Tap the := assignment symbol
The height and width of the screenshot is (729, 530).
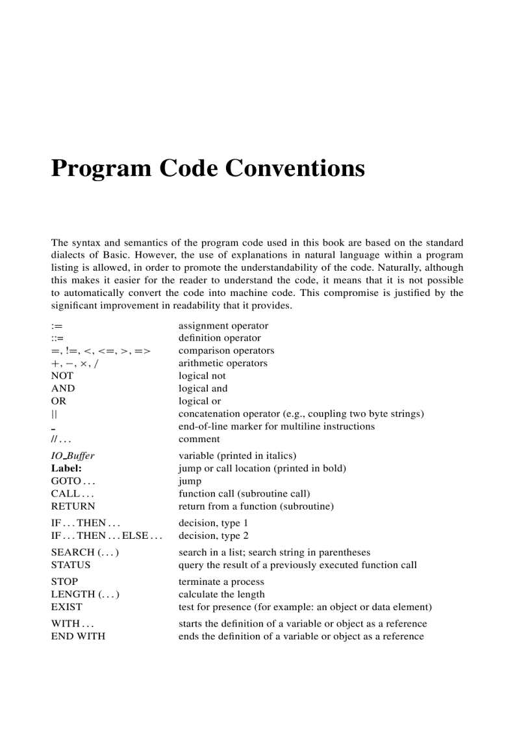(57, 326)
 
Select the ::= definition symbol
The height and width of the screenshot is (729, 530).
(57, 338)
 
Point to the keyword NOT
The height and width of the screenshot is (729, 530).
(62, 376)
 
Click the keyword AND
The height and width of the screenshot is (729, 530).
(63, 388)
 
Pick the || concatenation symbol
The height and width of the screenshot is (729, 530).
(54, 414)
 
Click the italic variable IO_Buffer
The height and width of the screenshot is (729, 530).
(73, 456)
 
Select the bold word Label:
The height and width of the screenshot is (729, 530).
(66, 468)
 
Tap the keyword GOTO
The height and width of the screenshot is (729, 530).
(66, 481)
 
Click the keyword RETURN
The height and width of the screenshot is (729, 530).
(73, 506)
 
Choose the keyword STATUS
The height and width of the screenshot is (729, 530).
(71, 565)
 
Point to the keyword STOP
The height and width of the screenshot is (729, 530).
(64, 582)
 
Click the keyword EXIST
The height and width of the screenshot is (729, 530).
(66, 607)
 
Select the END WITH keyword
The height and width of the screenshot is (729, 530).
(78, 636)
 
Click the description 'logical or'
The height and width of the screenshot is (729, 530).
(199, 401)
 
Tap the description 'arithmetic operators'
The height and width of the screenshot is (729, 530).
(223, 364)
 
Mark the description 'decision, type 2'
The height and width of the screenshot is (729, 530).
(213, 536)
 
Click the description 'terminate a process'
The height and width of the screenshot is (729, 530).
(221, 582)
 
